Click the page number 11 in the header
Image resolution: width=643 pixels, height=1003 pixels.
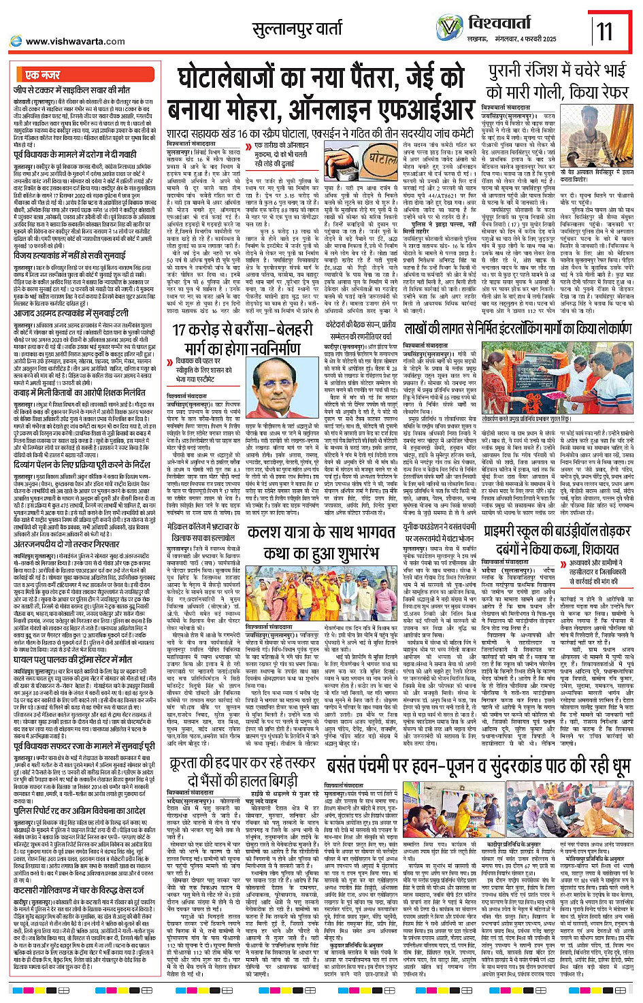(604, 31)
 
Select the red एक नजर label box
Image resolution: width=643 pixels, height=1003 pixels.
(42, 75)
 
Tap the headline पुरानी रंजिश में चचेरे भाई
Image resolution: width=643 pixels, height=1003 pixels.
(557, 71)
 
